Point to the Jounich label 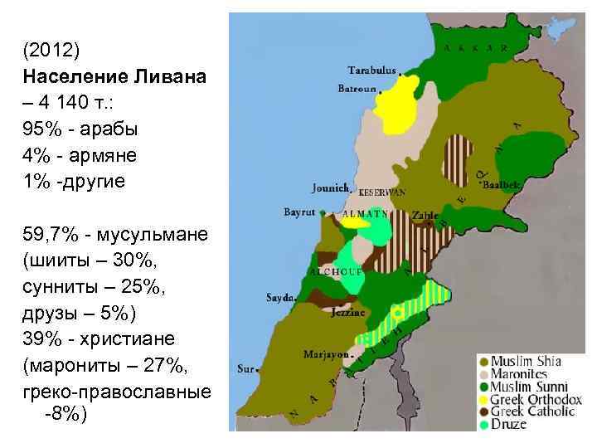click(x=330, y=187)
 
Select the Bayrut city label click(x=299, y=212)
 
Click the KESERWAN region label click(x=382, y=192)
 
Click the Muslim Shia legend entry click(x=526, y=361)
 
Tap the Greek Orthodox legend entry click(x=536, y=399)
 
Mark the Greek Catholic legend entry click(x=532, y=411)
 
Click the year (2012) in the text click(x=51, y=51)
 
